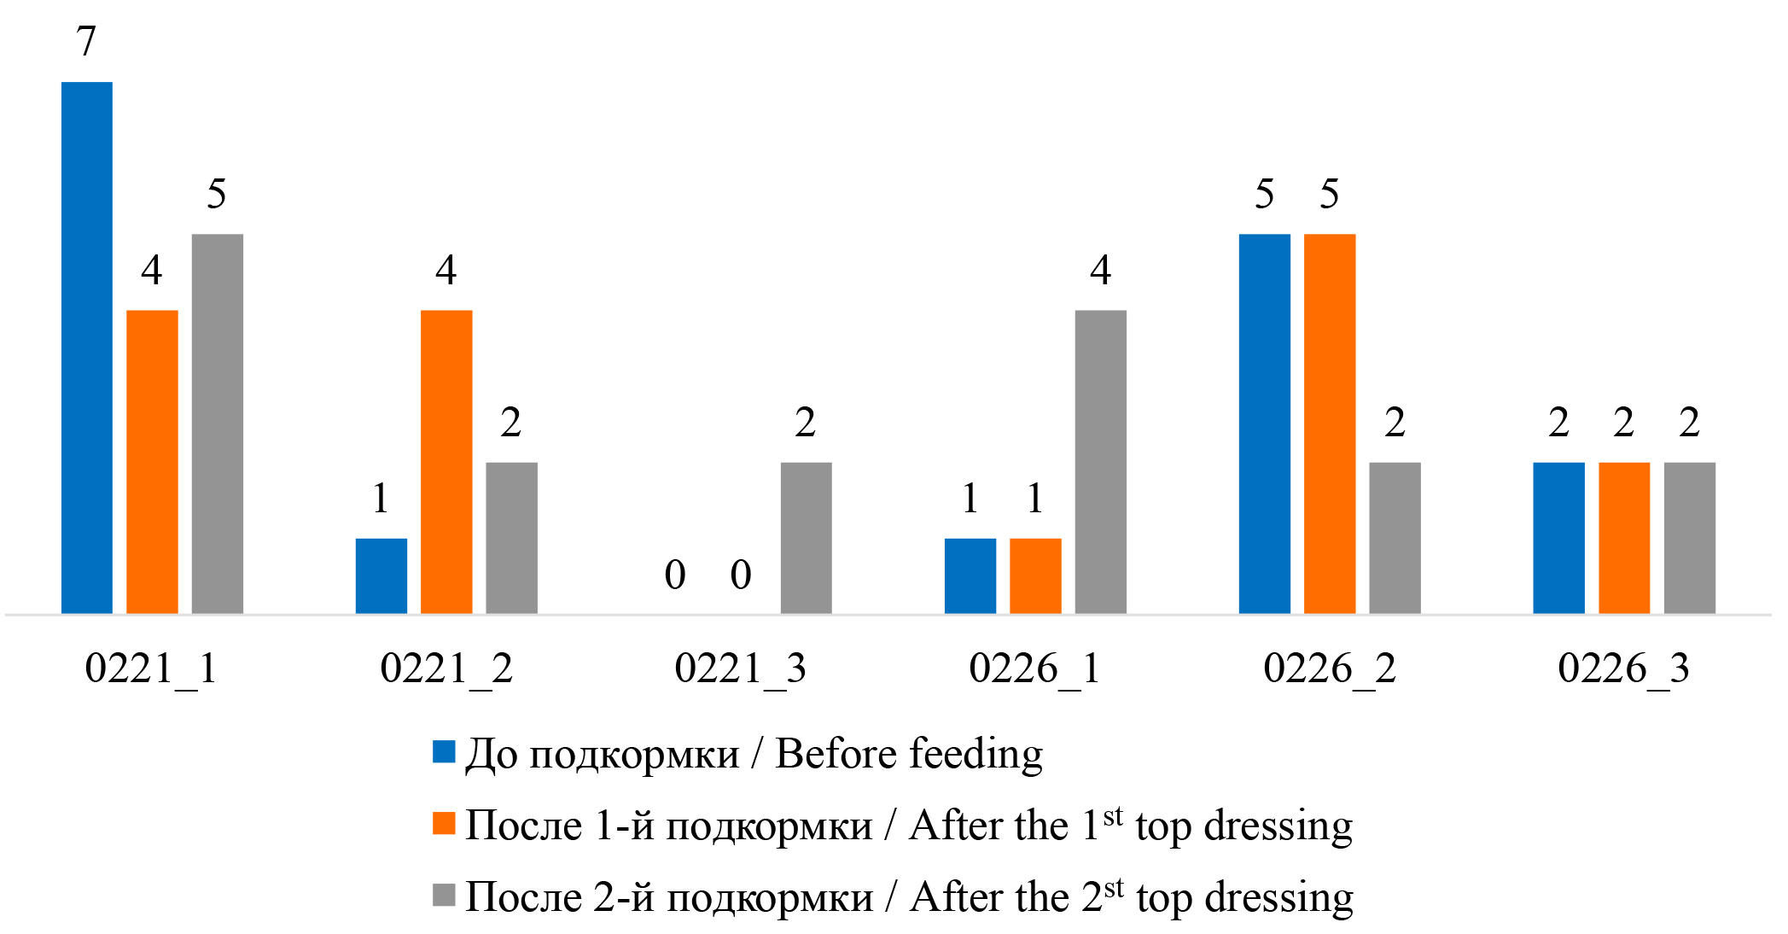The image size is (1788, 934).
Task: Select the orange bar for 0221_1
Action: (152, 462)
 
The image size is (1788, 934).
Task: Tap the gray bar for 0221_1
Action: (218, 423)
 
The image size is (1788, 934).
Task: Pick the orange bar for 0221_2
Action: (446, 462)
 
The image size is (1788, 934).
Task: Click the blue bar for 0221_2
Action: (381, 575)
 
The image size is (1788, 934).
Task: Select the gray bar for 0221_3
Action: (806, 538)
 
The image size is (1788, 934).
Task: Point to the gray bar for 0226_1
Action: (1100, 462)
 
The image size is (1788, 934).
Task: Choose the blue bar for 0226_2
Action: (1265, 423)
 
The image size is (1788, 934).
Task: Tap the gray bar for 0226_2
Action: (1395, 538)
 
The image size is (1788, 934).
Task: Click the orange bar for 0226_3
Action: (1624, 538)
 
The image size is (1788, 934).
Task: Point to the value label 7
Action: (86, 41)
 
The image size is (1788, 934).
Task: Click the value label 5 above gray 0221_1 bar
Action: (217, 194)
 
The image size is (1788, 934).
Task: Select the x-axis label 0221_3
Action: (740, 668)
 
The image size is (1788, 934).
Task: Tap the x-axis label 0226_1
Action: (1034, 668)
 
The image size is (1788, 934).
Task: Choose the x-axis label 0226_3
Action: (1623, 668)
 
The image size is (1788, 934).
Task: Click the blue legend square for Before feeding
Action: (444, 751)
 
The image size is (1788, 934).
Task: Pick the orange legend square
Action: (444, 823)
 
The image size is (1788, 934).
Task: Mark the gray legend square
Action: (444, 895)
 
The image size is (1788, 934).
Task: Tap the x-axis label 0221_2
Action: (446, 668)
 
